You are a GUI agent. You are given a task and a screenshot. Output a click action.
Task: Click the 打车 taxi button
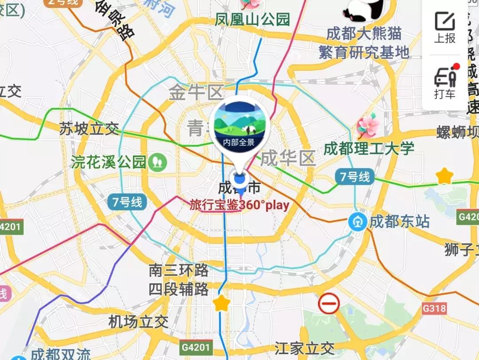[x=445, y=82]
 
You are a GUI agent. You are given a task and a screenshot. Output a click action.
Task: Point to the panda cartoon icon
[x=365, y=10]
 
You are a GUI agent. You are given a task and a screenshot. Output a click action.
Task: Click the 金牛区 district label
[x=196, y=93]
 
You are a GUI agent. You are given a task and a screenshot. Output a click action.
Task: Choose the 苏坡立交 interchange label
[x=89, y=129]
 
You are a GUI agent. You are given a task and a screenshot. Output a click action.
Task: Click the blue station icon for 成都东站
[x=357, y=222]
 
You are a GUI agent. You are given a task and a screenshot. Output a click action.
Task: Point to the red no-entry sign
[x=329, y=304]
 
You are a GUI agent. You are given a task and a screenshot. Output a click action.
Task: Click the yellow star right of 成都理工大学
[x=444, y=176]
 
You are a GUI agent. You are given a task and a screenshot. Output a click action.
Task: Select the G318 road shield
[x=434, y=308]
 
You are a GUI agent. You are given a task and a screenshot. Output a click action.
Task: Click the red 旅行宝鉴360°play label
[x=239, y=205]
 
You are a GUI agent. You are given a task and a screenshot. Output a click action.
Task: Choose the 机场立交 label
[x=138, y=322]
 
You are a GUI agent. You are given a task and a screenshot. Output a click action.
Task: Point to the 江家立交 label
[x=304, y=348]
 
